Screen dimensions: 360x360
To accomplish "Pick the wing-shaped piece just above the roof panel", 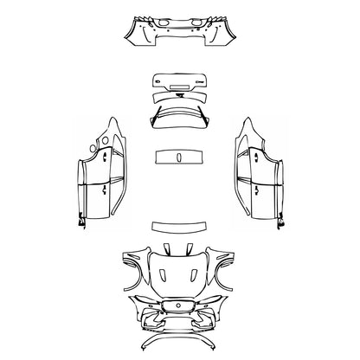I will (x=180, y=119).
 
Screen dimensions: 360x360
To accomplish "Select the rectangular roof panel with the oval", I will (x=180, y=157).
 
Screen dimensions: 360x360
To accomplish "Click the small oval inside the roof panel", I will (x=180, y=157).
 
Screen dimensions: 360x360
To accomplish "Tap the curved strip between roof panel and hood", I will (x=180, y=226).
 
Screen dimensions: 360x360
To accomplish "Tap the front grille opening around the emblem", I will (x=169, y=307).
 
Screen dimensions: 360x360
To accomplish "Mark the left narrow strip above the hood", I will (x=166, y=250).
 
